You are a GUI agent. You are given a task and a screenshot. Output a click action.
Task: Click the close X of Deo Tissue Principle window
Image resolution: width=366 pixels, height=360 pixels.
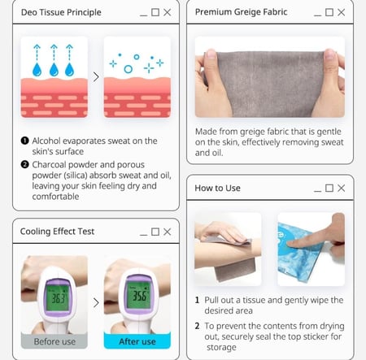point(168,12)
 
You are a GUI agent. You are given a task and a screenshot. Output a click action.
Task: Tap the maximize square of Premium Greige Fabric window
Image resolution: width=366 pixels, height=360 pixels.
point(329,12)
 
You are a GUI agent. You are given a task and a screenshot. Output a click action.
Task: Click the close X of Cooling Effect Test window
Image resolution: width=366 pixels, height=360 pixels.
point(168,232)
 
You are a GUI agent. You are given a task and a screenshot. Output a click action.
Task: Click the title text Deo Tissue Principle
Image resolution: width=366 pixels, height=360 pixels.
point(61,12)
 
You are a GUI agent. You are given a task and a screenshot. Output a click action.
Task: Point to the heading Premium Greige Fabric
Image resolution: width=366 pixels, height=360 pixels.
point(241,12)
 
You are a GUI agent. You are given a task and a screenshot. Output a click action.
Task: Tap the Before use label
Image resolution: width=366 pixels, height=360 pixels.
point(54,341)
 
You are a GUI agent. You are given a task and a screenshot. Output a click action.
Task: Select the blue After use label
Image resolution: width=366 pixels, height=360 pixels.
point(137,340)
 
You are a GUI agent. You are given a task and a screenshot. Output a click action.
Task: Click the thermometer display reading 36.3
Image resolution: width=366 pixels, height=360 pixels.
point(58,298)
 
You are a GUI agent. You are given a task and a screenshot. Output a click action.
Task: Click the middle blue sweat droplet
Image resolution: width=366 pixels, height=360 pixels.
point(54,70)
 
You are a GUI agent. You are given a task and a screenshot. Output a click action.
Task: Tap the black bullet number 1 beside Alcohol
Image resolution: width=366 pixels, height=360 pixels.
point(24,141)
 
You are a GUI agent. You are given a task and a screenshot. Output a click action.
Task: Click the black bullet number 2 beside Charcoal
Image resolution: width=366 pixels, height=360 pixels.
point(24,164)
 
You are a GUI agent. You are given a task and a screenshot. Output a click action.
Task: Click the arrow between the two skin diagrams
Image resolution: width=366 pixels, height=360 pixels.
point(96,77)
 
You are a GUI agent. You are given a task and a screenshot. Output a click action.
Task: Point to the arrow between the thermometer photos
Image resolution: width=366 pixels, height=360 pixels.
point(96,302)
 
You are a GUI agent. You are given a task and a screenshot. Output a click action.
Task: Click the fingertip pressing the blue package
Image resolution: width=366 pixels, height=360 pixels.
point(292,243)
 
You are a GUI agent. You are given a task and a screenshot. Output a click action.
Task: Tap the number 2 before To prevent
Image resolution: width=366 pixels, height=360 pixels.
point(198,326)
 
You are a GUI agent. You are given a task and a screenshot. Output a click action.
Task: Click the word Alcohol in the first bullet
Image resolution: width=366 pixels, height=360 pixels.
point(46,141)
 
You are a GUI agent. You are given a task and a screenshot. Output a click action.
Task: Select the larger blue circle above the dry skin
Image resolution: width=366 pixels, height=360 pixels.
point(128,69)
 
